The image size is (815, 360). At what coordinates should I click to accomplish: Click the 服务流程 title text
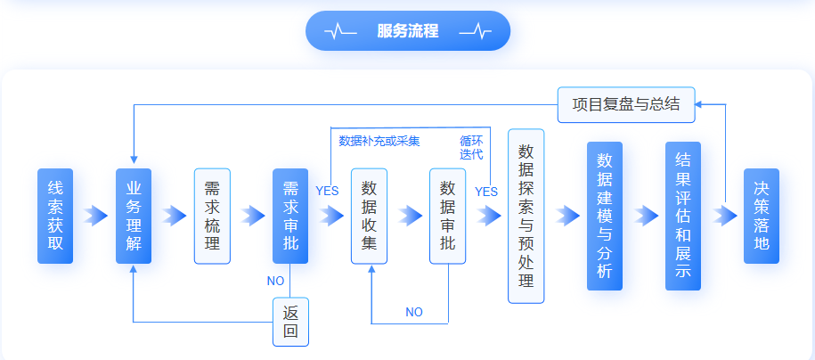[x=407, y=31]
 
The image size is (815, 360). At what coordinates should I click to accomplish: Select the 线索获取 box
[x=55, y=216]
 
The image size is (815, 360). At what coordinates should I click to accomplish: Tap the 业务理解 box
[x=134, y=216]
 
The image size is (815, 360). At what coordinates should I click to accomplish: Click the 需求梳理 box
[x=212, y=216]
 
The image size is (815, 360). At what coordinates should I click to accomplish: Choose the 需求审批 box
[x=290, y=216]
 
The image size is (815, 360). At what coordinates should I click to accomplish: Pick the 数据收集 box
[x=369, y=216]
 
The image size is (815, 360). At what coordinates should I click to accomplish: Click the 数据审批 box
[x=447, y=216]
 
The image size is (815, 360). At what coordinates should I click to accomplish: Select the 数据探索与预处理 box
[x=526, y=216]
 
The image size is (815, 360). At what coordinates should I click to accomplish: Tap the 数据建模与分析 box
[x=604, y=216]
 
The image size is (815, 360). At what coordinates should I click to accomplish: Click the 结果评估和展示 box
[x=683, y=216]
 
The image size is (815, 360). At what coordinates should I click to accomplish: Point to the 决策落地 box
[x=762, y=216]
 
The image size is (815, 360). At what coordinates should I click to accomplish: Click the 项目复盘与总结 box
[x=625, y=104]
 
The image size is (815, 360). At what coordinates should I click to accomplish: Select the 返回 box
[x=290, y=322]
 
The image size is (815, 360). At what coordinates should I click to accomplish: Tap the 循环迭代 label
[x=471, y=147]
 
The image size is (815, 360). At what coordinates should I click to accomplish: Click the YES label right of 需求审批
[x=327, y=191]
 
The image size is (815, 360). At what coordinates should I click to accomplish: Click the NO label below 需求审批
[x=275, y=281]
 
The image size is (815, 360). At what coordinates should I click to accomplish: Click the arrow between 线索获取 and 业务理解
[x=94, y=216]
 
